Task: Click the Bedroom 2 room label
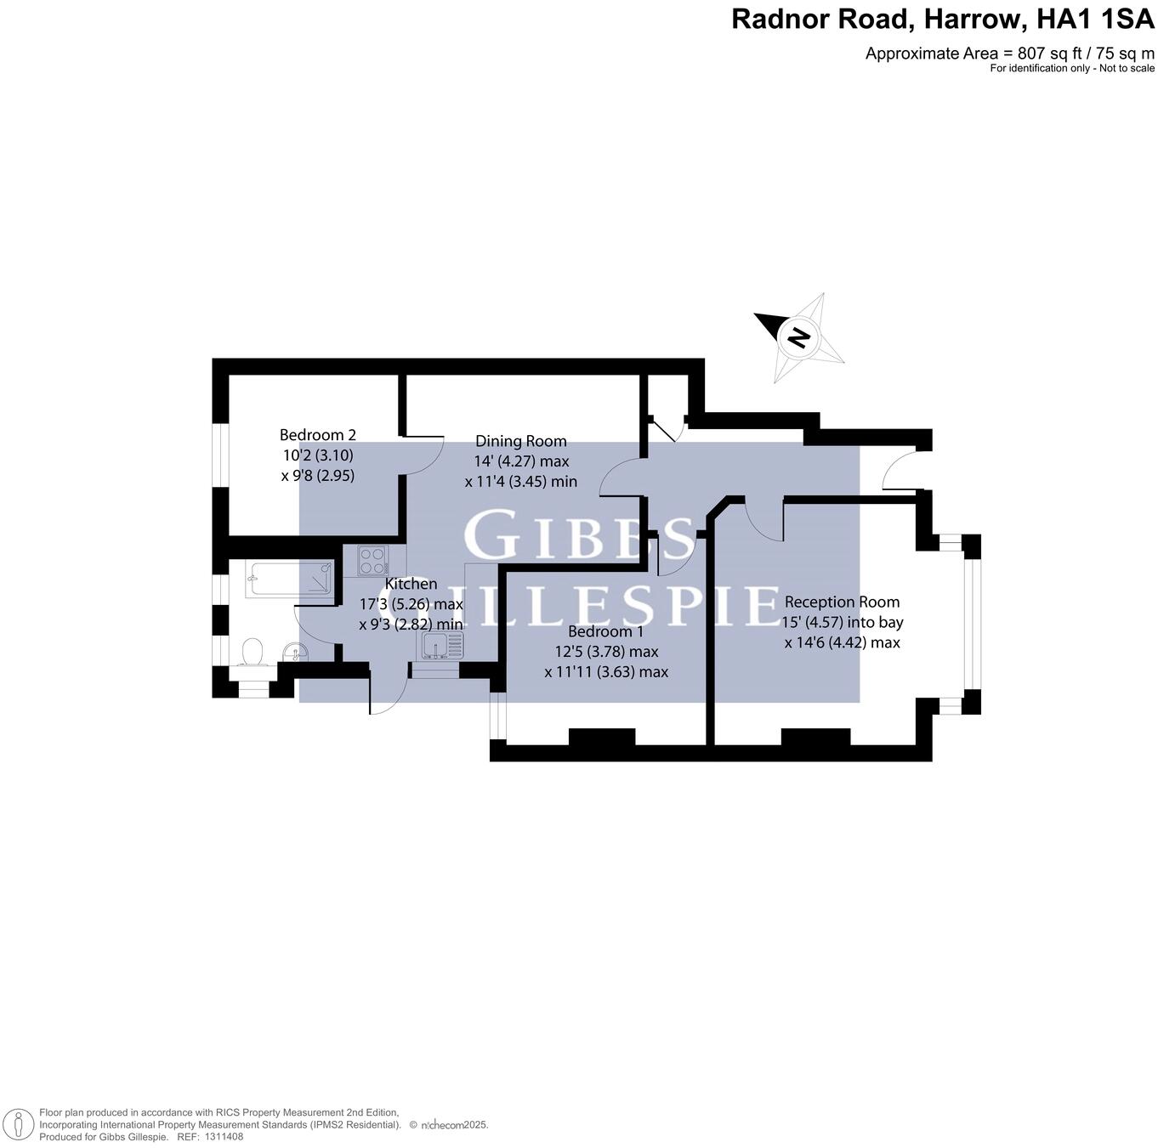click(x=317, y=435)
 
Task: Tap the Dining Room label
click(x=520, y=441)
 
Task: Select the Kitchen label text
click(x=412, y=584)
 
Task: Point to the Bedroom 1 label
click(x=605, y=631)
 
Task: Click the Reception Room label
click(x=842, y=602)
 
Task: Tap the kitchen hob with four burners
click(x=372, y=561)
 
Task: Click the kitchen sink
click(x=440, y=646)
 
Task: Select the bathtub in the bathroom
click(x=289, y=579)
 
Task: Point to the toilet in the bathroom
click(x=252, y=653)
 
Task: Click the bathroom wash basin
click(x=297, y=652)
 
